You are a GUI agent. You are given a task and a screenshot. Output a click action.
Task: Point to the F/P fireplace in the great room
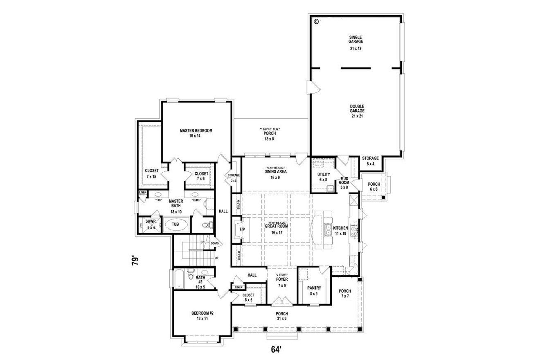click(241, 229)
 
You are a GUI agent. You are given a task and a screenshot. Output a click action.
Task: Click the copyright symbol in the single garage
click(316, 21)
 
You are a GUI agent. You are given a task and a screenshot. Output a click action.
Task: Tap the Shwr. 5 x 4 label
click(149, 223)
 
